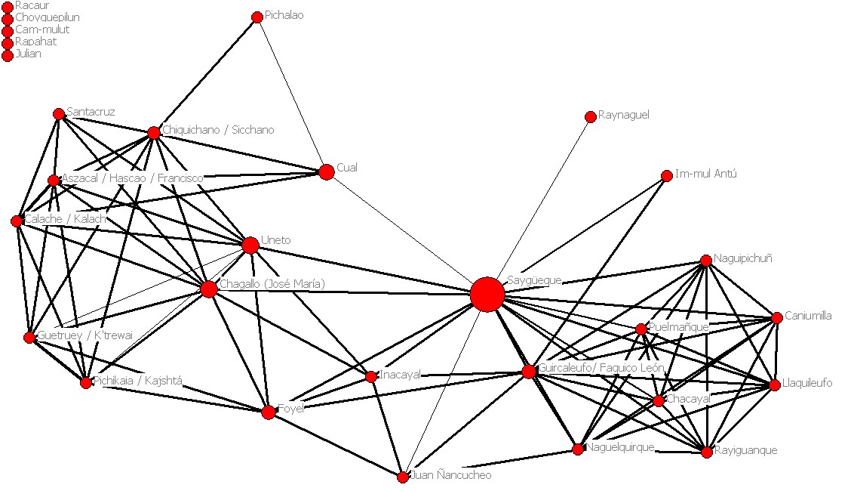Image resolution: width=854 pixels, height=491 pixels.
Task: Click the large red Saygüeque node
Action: click(487, 294)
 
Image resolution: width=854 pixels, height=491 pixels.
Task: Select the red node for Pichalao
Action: click(257, 17)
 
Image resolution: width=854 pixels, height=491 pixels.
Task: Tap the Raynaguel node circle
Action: click(590, 117)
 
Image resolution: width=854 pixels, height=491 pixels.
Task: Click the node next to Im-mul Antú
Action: click(666, 176)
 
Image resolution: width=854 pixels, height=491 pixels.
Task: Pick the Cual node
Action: click(326, 172)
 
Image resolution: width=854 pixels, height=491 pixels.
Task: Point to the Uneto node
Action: click(250, 245)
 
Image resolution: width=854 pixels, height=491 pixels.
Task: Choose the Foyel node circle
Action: click(269, 412)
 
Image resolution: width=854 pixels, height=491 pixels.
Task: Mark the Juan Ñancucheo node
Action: click(403, 477)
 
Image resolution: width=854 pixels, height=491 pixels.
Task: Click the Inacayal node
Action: click(371, 376)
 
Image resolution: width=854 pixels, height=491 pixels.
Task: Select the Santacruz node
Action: click(59, 114)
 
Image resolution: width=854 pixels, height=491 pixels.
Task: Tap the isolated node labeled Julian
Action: click(8, 55)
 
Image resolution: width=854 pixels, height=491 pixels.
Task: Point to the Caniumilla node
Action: click(777, 318)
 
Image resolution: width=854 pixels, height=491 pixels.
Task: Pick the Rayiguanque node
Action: click(707, 452)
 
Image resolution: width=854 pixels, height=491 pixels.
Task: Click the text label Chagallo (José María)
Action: click(272, 284)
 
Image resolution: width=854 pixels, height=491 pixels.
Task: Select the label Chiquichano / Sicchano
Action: click(218, 130)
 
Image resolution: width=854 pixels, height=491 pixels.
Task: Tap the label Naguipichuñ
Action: click(742, 259)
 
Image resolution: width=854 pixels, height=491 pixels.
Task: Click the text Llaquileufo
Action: click(807, 383)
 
